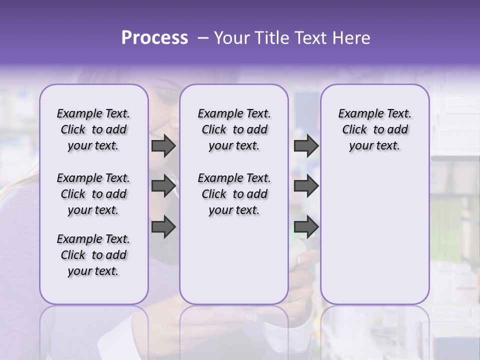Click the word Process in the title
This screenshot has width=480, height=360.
click(x=154, y=38)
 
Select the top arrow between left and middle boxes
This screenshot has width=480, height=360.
click(x=163, y=145)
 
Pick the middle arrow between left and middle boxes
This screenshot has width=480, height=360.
click(x=163, y=186)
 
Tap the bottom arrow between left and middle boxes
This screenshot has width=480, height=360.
click(x=163, y=226)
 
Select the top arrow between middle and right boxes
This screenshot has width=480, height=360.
click(x=306, y=145)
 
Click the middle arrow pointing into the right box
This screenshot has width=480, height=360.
click(x=306, y=186)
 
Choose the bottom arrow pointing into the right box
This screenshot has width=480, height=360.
click(x=306, y=226)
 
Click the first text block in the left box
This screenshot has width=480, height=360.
click(x=93, y=129)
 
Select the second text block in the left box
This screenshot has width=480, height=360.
click(x=93, y=194)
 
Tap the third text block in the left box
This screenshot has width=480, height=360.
click(x=93, y=255)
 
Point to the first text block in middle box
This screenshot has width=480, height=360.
click(x=234, y=129)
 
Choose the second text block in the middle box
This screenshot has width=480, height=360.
click(x=234, y=194)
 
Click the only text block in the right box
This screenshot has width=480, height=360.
click(x=374, y=129)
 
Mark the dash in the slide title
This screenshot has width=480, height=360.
click(x=203, y=38)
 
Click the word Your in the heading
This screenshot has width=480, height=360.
click(x=231, y=38)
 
